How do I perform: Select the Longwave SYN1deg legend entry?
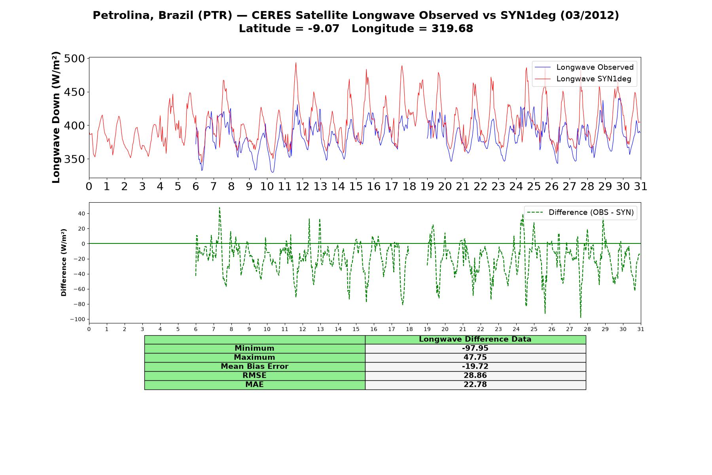tap(583, 79)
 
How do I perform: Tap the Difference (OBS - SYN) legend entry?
tap(580, 213)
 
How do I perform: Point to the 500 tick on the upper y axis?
tap(74, 59)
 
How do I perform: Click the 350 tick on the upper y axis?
tap(74, 159)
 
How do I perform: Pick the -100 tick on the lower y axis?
tap(78, 319)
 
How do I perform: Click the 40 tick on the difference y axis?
tap(81, 214)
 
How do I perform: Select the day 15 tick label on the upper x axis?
tap(356, 186)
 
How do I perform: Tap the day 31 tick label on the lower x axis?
tap(641, 329)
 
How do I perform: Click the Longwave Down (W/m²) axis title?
tap(56, 117)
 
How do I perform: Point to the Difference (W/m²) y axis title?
tap(64, 262)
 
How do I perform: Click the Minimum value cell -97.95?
tap(475, 348)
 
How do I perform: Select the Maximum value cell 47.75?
tap(475, 357)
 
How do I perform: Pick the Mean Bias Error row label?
tap(254, 367)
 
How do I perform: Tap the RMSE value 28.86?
tap(475, 376)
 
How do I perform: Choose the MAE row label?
tap(254, 385)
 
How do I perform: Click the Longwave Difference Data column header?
tap(475, 339)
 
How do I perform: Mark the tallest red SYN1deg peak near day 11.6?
tap(295, 63)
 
